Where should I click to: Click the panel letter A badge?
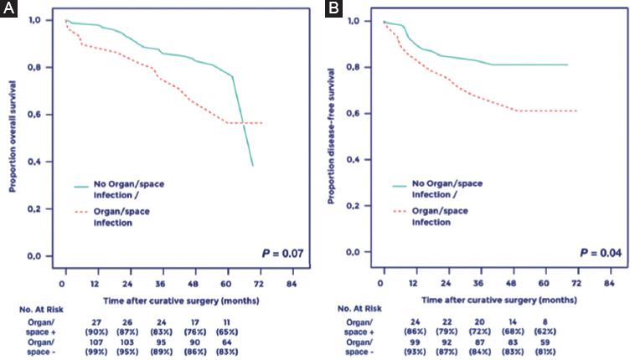coord(9,9)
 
